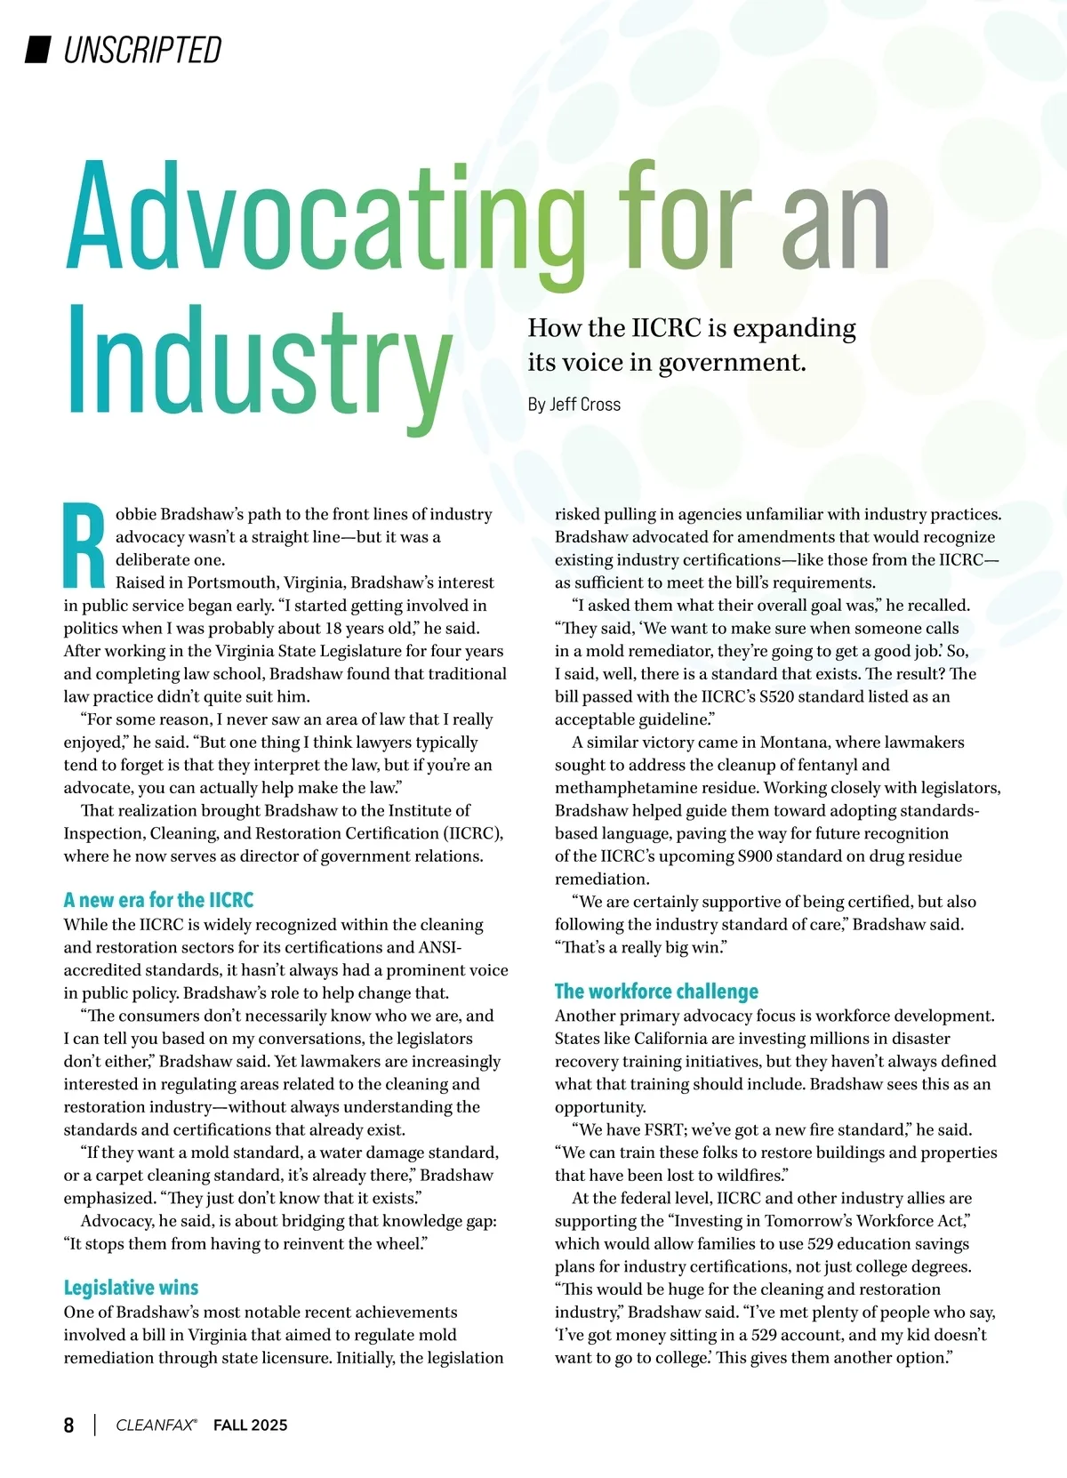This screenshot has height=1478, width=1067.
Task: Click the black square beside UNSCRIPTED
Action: (36, 50)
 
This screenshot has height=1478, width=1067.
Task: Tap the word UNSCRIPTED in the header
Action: (142, 51)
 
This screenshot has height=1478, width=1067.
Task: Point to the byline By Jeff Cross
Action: (574, 405)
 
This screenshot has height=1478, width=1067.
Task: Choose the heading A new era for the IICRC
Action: (158, 900)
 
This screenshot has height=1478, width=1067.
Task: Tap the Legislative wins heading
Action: (131, 1288)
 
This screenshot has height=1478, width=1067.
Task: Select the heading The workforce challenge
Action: (656, 992)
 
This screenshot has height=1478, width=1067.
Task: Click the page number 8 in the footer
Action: (69, 1425)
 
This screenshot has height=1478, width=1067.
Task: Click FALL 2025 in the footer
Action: (250, 1425)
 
